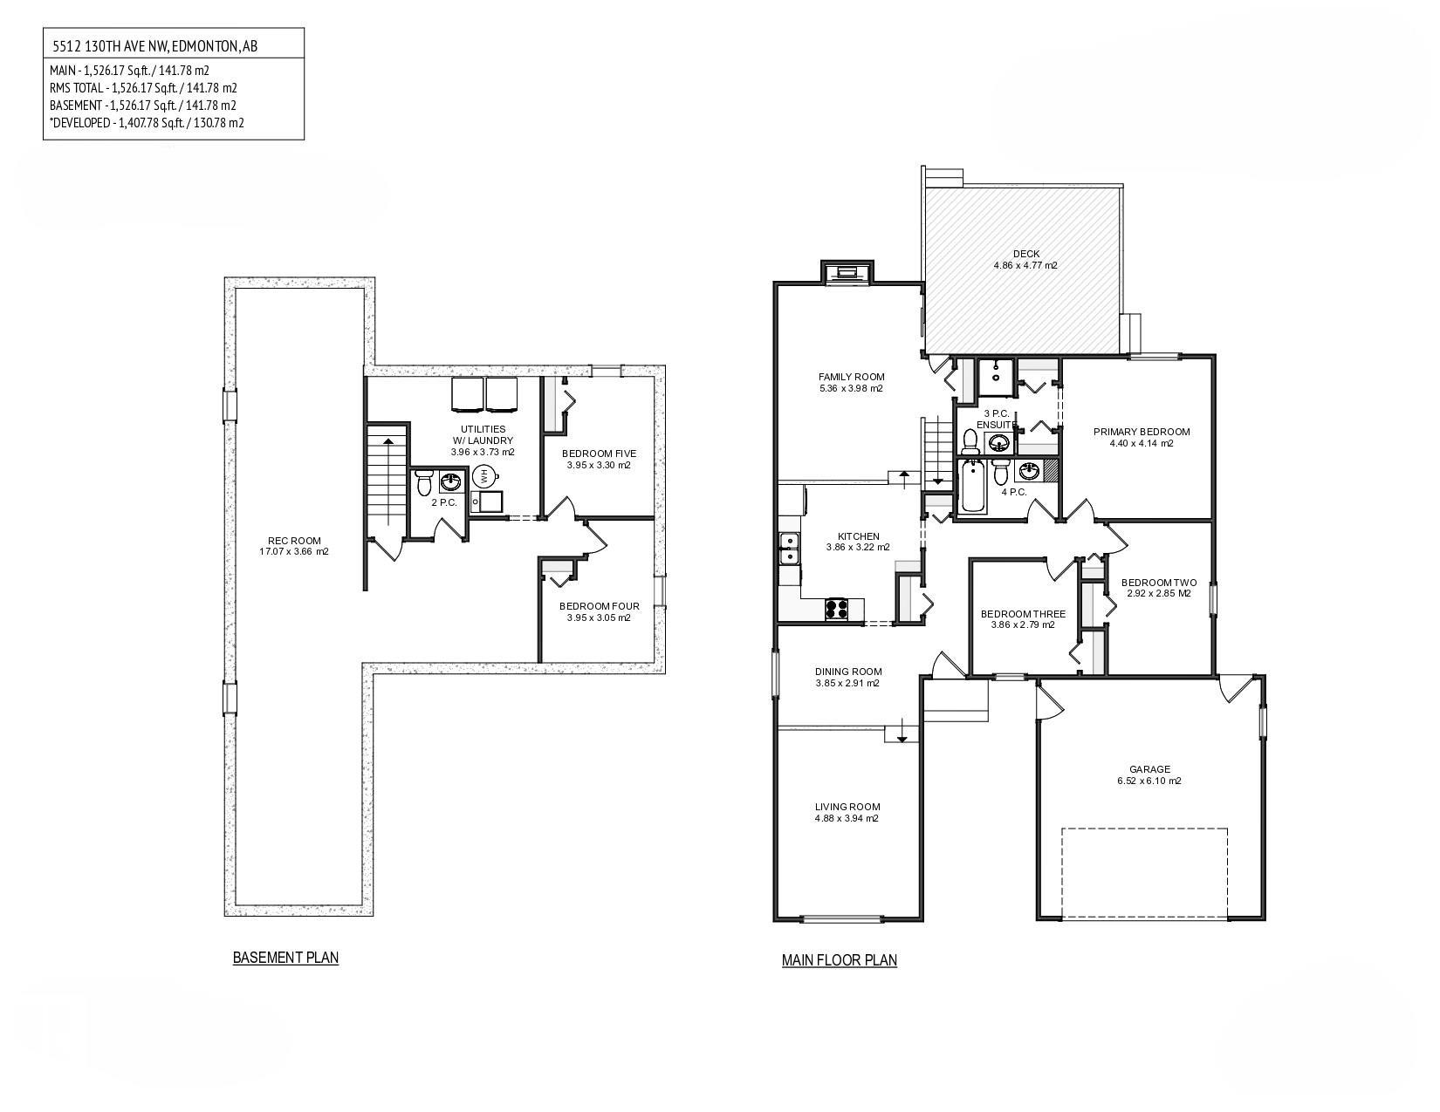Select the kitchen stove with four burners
837,608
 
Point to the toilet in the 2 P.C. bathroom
424,481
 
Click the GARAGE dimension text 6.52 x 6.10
1149,781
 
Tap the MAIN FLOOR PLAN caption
839,960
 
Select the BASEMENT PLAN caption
285,958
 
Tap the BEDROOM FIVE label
599,454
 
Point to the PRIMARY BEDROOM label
1142,432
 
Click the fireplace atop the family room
847,272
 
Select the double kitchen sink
788,549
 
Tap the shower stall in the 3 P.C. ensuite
995,377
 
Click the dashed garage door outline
1144,872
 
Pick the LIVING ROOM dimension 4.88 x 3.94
847,819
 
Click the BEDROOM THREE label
1023,614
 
